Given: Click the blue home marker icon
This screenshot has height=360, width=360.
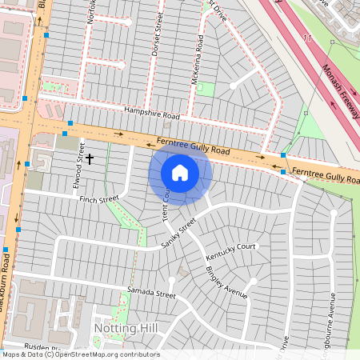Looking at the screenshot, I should coord(180,173).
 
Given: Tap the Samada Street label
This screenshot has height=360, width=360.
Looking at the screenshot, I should coord(150,294).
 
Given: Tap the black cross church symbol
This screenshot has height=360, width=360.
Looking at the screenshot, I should coord(90,159).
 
